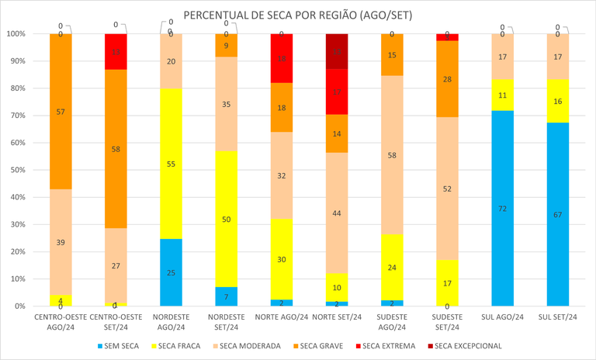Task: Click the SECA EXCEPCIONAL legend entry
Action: coord(466,345)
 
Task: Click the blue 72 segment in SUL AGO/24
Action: coord(504,208)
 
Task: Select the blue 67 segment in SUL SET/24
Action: coord(558,214)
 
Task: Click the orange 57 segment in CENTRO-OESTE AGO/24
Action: coord(61,112)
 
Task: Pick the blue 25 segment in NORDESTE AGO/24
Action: coord(171,272)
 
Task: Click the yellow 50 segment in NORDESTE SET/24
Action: coord(226,219)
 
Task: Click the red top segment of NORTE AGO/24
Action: coord(282,58)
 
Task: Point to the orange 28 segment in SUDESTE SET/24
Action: coord(448,79)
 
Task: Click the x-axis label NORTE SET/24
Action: coord(337,317)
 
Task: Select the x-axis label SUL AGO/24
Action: coord(504,317)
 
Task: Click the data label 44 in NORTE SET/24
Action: coord(337,213)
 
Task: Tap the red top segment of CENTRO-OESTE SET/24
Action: coord(116,52)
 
